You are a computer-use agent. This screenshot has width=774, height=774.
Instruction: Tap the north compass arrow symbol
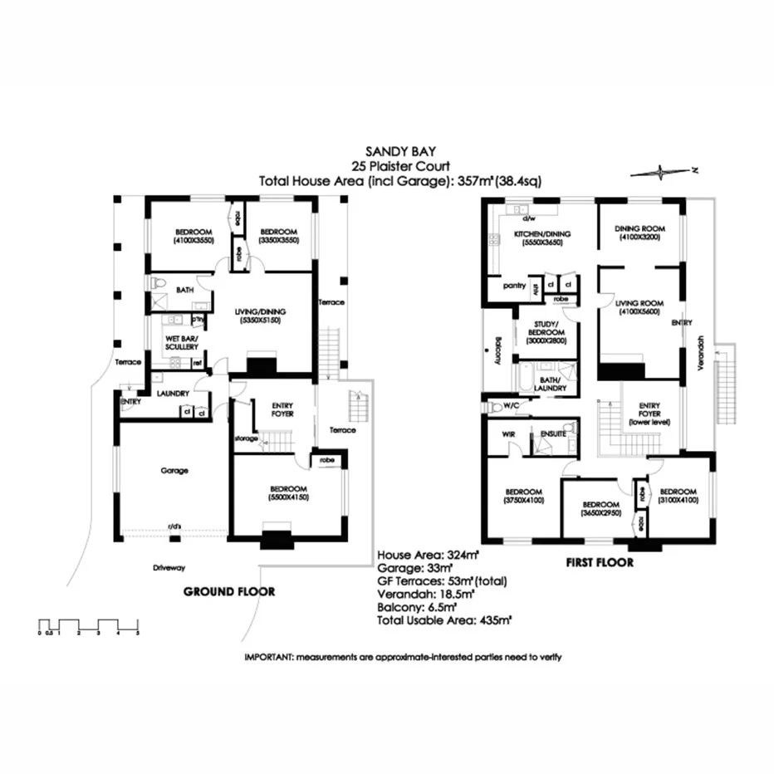click(663, 172)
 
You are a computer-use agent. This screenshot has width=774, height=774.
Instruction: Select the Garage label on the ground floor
click(174, 470)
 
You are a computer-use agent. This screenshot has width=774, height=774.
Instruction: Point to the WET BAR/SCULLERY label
click(181, 343)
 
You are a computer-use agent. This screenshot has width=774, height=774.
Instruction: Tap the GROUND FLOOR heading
click(228, 592)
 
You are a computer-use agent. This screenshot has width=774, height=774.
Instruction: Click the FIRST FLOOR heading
click(600, 563)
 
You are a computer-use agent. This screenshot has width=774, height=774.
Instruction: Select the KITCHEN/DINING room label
click(539, 235)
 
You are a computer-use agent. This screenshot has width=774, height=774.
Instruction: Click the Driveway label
click(168, 568)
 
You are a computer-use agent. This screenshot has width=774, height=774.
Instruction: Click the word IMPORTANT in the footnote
click(267, 657)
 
